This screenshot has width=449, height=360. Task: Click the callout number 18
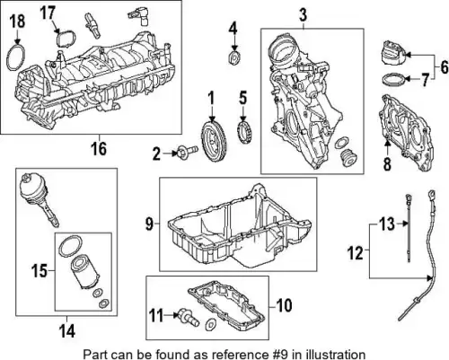click(x=17, y=22)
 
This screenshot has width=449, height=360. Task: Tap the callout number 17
click(x=48, y=13)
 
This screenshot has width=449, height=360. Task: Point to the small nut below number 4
click(x=234, y=57)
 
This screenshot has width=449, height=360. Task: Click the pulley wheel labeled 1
click(x=214, y=141)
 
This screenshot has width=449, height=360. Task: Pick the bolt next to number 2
click(x=188, y=151)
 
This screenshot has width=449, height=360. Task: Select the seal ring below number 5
click(x=244, y=131)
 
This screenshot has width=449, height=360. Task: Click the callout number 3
click(x=303, y=14)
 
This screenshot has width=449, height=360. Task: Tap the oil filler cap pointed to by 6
click(x=393, y=55)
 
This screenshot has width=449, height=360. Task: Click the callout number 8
click(x=387, y=163)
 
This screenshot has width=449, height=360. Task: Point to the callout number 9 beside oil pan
click(x=149, y=224)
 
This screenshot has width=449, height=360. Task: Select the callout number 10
click(x=284, y=305)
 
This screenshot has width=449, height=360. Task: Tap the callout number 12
click(x=356, y=253)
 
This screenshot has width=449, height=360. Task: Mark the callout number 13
click(x=387, y=224)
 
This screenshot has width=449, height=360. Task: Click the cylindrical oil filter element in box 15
click(x=84, y=272)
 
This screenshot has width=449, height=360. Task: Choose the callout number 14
click(x=67, y=331)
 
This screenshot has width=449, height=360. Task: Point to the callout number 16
click(x=99, y=149)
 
